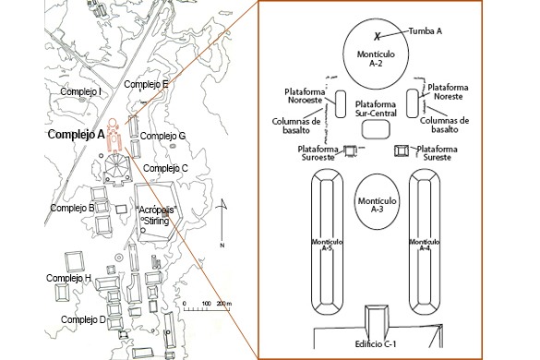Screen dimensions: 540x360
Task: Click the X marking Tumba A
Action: click(378, 36)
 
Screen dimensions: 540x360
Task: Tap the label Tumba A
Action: click(426, 31)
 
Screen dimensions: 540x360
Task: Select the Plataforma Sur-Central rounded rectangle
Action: click(376, 129)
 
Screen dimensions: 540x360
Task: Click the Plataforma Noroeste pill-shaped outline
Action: click(341, 104)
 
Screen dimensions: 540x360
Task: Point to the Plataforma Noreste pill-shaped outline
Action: click(413, 103)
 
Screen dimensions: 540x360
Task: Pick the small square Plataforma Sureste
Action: click(402, 150)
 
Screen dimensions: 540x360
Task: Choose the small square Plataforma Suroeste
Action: click(350, 150)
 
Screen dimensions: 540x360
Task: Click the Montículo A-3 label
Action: click(378, 205)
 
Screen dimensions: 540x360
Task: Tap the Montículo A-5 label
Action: click(327, 245)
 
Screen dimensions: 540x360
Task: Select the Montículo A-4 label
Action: click(425, 245)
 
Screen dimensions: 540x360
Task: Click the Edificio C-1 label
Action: click(376, 343)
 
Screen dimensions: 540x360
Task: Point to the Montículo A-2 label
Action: click(376, 58)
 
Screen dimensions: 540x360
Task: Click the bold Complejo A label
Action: click(76, 134)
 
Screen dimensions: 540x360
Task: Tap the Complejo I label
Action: click(80, 91)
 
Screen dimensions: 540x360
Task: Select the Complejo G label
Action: click(162, 136)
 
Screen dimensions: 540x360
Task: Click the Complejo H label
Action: click(68, 278)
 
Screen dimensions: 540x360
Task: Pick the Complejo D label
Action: click(83, 319)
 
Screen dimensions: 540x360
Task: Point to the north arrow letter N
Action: click(222, 246)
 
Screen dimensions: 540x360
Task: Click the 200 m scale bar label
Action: click(224, 304)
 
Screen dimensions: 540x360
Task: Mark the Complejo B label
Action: click(72, 208)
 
